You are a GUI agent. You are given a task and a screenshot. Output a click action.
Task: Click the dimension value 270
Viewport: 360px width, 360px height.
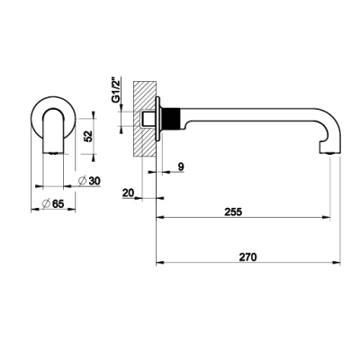(248, 257)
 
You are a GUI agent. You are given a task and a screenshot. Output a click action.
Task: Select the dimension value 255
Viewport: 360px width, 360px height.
(233, 211)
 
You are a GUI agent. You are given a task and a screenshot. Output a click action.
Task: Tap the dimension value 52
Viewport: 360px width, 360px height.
(88, 137)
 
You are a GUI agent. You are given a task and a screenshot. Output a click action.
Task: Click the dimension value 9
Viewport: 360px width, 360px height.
(181, 166)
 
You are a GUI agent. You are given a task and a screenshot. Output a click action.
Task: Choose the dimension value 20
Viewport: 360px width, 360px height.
(128, 193)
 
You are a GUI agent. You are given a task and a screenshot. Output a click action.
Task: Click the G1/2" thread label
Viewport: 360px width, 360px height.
(116, 90)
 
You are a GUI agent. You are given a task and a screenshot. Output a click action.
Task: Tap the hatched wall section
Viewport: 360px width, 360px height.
(145, 119)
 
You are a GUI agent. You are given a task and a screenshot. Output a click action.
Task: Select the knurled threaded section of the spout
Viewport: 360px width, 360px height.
(172, 119)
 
